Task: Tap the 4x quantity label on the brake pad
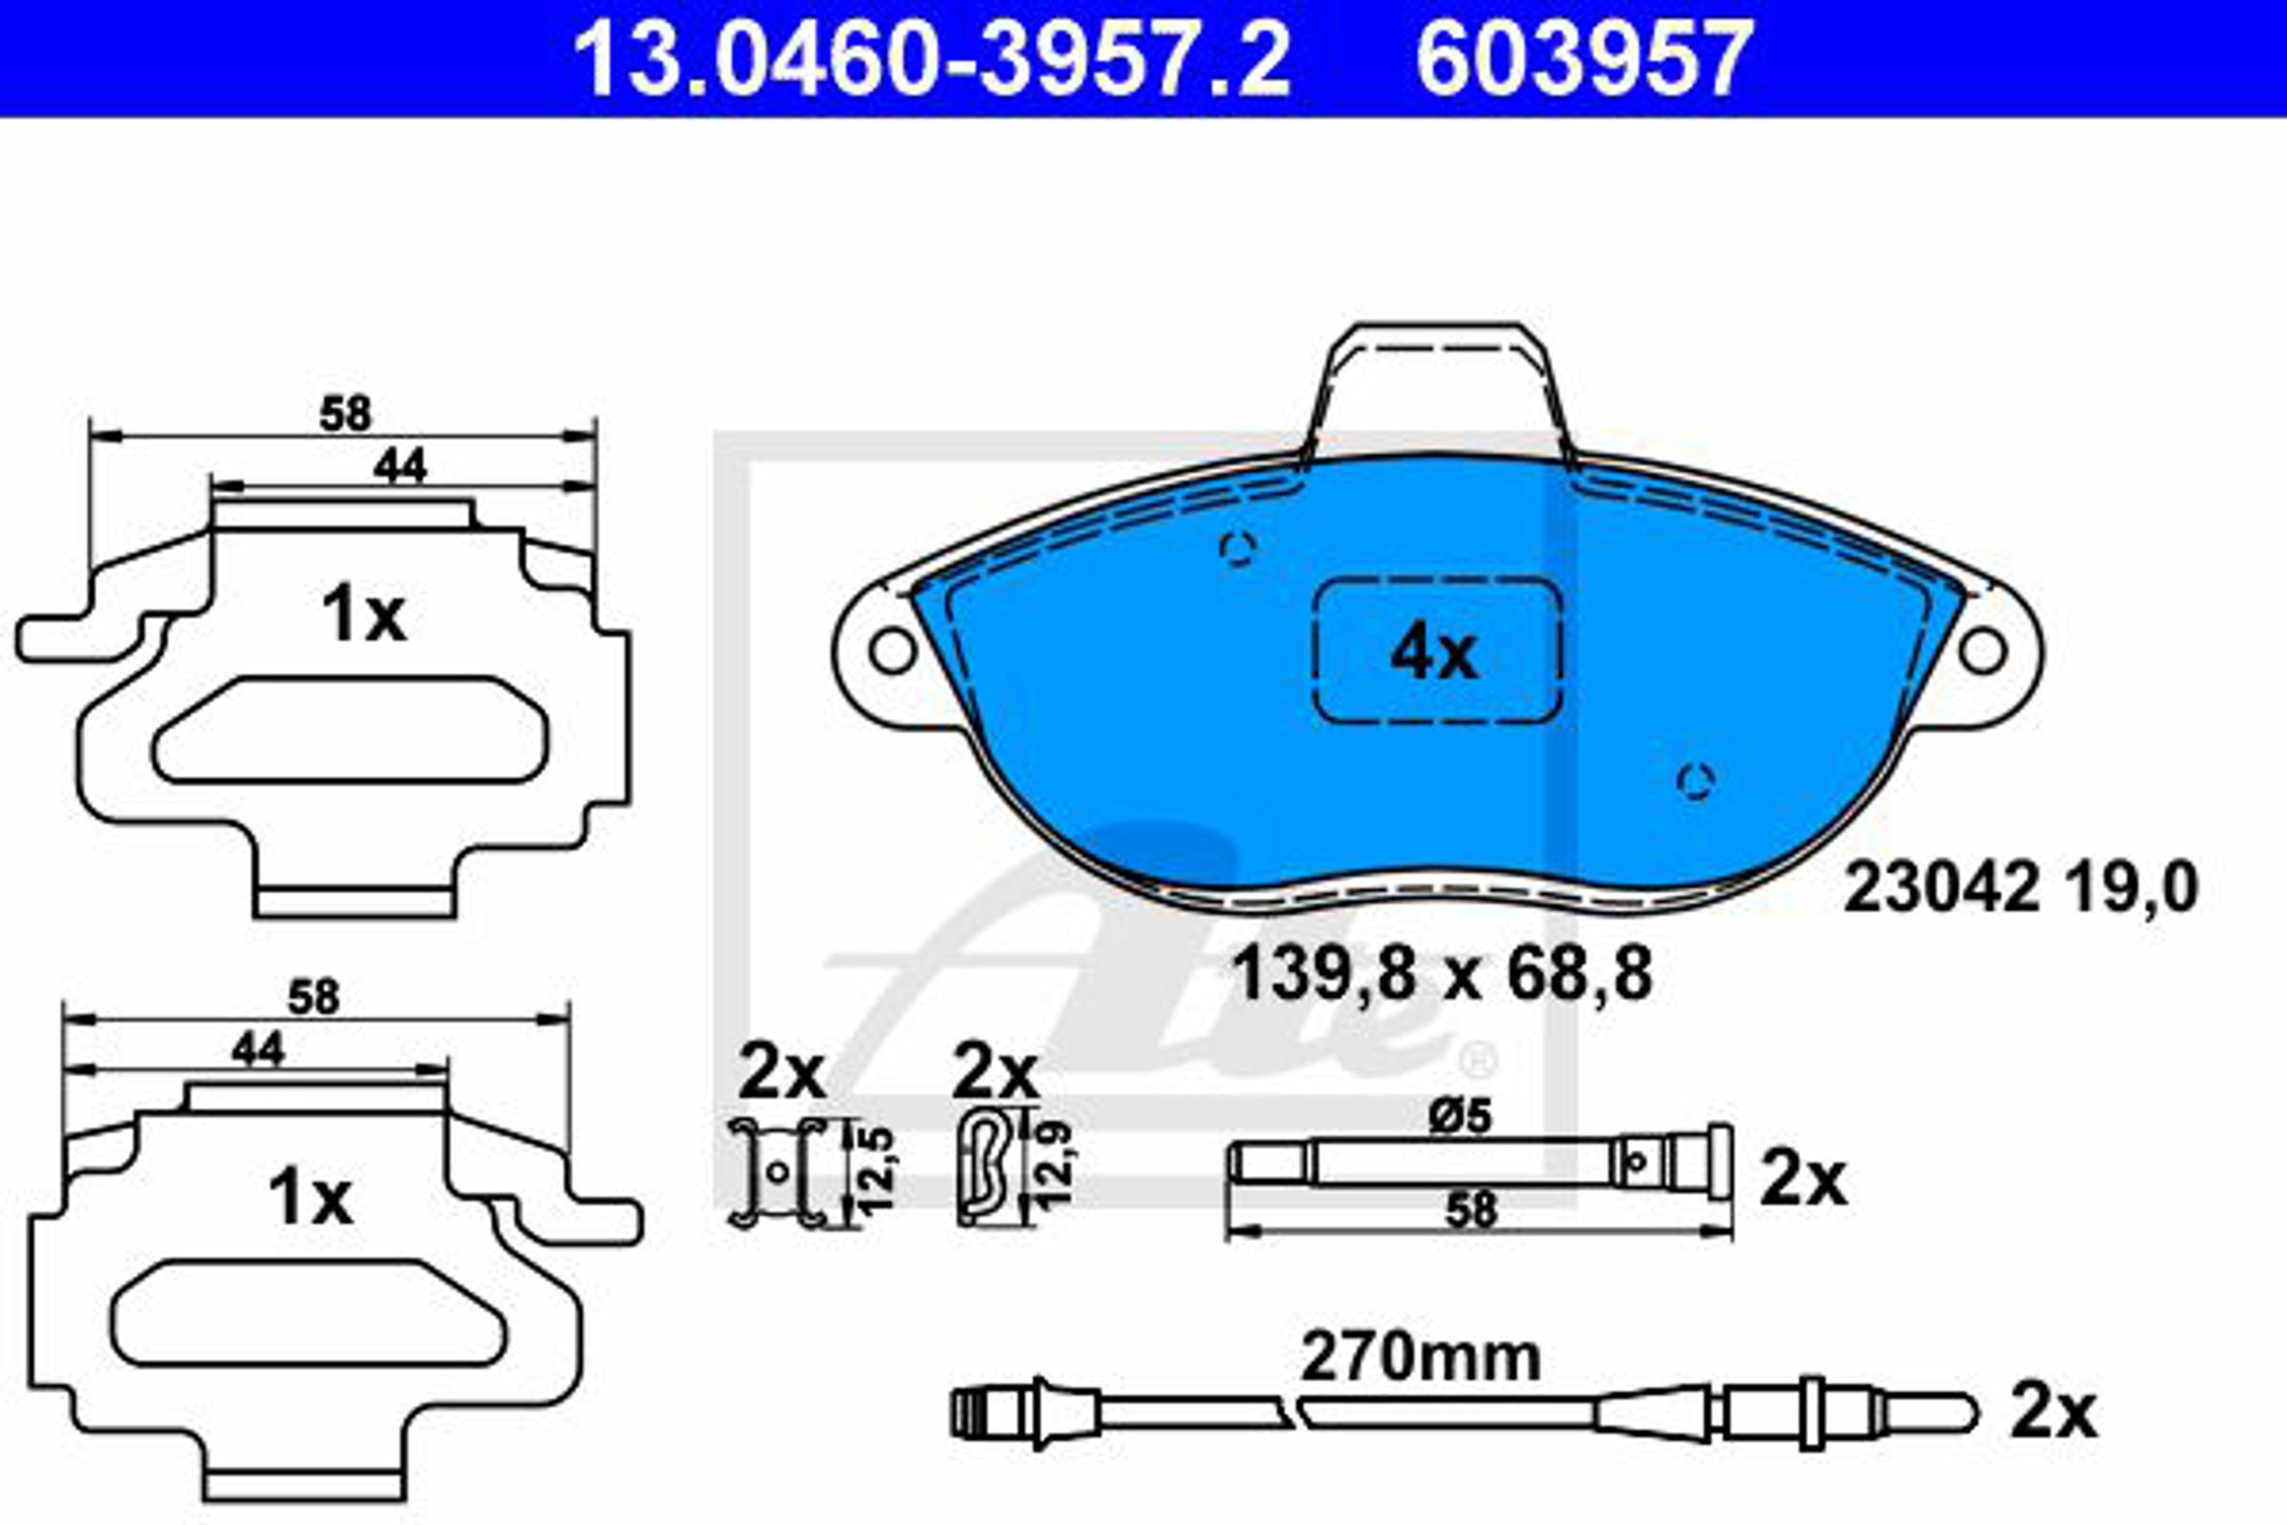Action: [x=1434, y=655]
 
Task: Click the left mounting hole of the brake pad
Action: [x=893, y=651]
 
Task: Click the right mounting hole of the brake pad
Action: [x=1983, y=651]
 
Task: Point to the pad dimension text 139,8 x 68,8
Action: [x=1442, y=975]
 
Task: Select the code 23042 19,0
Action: [x=2019, y=888]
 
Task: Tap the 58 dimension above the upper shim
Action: [x=345, y=415]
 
